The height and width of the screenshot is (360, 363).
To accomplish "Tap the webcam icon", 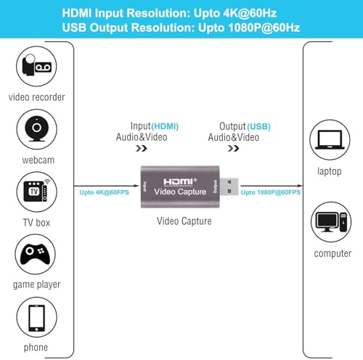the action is (x=37, y=129).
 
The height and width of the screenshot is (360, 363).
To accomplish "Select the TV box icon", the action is (x=37, y=192).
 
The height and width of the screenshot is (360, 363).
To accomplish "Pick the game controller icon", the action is (x=36, y=254).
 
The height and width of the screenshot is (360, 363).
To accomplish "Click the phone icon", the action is (x=37, y=317).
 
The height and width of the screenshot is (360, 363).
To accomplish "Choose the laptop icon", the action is (x=330, y=139).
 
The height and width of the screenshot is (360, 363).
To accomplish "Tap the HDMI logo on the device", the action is (x=180, y=182).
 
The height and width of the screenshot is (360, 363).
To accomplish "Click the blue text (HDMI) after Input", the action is (x=165, y=126).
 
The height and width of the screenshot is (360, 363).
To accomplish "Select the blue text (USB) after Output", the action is (x=258, y=126).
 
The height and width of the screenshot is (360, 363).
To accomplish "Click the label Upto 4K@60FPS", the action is (x=105, y=192).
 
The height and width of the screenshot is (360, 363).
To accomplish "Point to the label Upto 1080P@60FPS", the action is (x=271, y=192).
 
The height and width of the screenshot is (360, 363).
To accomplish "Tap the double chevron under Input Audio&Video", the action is (x=142, y=148).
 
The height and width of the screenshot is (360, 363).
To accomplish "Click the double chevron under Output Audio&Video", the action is (x=233, y=148).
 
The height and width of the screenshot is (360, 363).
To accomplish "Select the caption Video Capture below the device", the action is (x=184, y=221).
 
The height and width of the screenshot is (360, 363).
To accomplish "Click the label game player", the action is (x=36, y=285).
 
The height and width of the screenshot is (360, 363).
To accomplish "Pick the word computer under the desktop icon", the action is (x=333, y=253).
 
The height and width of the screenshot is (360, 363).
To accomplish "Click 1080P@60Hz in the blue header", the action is (x=264, y=28).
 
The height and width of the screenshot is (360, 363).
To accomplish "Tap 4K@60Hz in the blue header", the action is (x=250, y=13).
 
